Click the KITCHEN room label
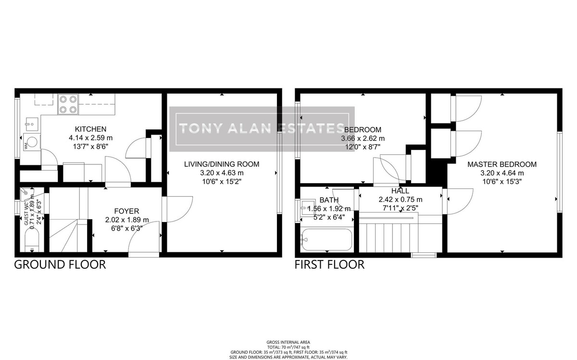(90, 129)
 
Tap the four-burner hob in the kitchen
(68, 105)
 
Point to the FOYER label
(126, 211)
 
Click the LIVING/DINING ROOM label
(222, 164)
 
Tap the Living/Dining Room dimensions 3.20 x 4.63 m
(222, 173)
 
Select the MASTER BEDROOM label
(502, 164)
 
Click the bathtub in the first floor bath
(327, 240)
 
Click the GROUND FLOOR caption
(60, 265)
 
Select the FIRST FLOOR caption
(329, 265)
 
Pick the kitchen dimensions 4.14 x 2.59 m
(90, 138)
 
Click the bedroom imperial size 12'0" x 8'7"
(363, 147)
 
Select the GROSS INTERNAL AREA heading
(288, 342)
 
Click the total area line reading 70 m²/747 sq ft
(288, 347)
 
